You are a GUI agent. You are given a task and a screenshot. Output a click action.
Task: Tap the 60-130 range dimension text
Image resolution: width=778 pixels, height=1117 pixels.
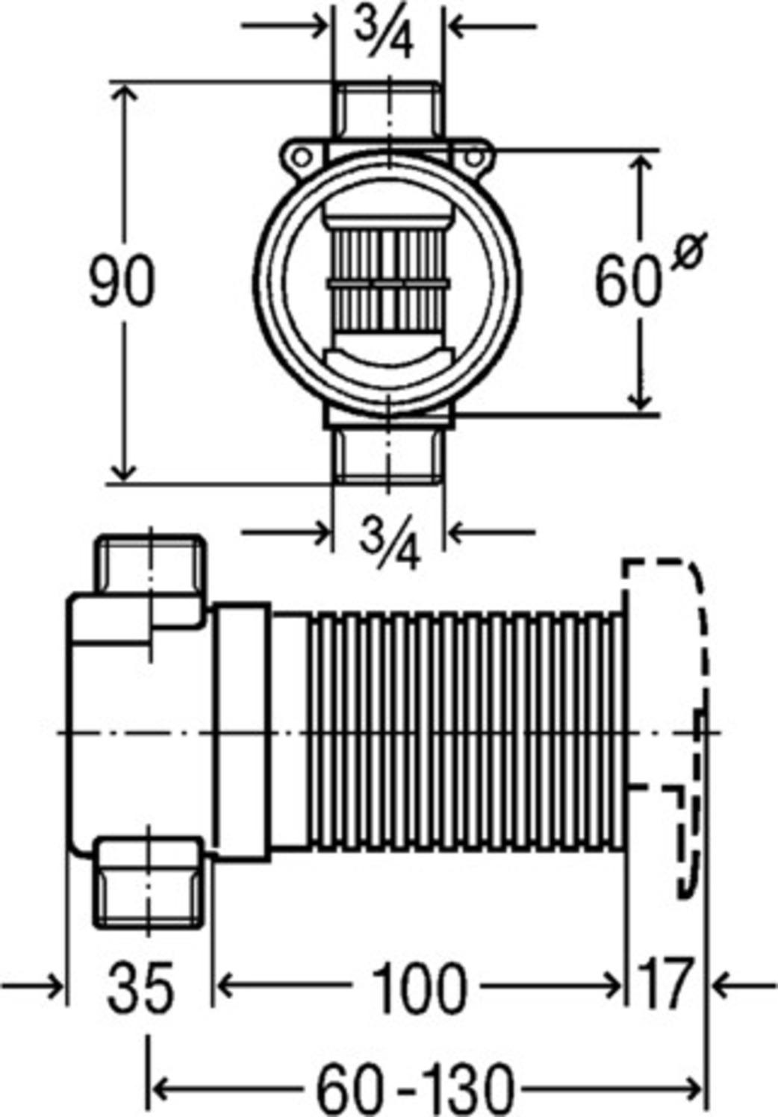[x=416, y=1088]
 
